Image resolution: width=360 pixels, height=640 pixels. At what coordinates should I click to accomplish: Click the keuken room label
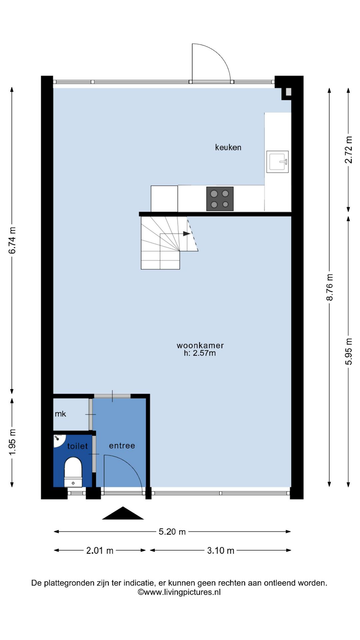point(228,147)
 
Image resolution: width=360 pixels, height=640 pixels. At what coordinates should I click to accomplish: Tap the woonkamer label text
point(200,345)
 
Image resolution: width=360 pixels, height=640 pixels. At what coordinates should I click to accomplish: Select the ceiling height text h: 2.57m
point(200,353)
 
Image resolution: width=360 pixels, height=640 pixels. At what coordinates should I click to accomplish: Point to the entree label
point(122,446)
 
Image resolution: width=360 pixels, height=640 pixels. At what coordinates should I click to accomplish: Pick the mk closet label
point(60,414)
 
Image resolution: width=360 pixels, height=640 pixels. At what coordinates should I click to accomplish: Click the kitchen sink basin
point(277,162)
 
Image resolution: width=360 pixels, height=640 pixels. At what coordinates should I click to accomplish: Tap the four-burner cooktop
point(220,199)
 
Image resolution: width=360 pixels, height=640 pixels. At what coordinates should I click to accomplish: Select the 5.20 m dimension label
point(172,532)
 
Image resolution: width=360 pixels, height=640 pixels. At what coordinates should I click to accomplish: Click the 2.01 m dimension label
point(100,550)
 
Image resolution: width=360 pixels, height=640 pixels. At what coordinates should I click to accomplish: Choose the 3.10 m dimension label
point(220,550)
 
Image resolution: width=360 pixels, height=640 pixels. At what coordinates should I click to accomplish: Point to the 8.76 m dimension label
point(330,287)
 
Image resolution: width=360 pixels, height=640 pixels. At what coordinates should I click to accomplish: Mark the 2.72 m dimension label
point(348,150)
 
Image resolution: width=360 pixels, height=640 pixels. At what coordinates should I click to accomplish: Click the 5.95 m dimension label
point(348,351)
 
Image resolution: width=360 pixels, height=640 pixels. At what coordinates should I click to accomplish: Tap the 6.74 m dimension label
point(12,240)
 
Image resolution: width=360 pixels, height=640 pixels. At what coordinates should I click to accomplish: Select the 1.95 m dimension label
point(12,442)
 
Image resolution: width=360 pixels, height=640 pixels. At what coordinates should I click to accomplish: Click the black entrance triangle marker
point(123,513)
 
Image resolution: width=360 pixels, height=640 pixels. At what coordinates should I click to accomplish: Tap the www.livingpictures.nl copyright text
point(179,592)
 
